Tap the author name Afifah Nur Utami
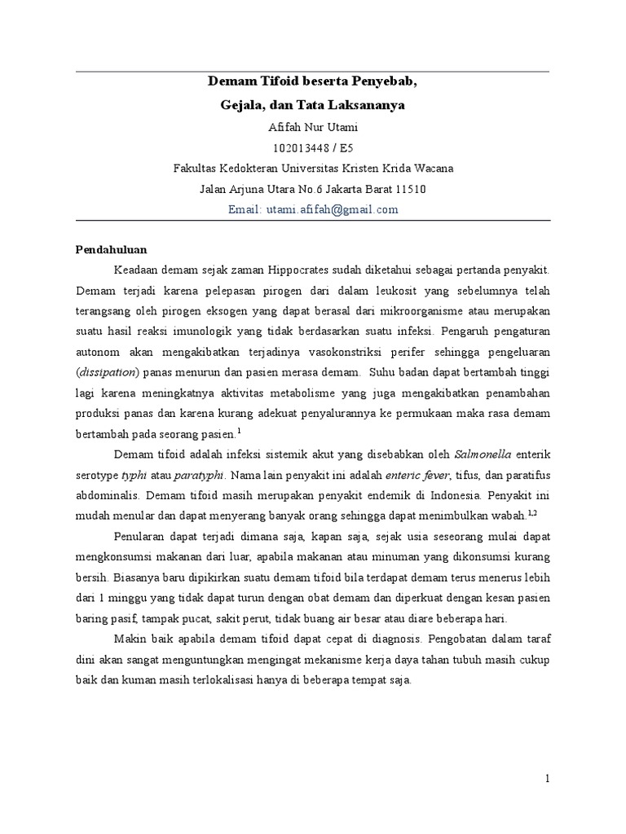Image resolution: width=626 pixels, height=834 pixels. (313, 127)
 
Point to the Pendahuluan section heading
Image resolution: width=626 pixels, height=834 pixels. (112, 249)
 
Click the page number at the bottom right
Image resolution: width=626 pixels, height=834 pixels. (549, 779)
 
